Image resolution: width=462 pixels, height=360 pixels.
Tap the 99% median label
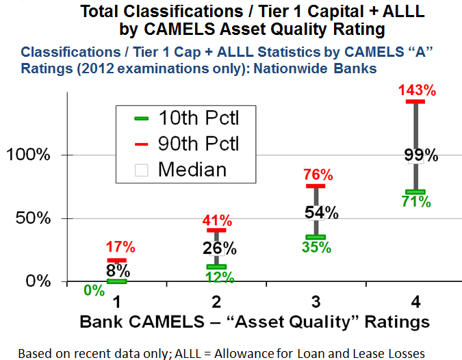click(x=415, y=154)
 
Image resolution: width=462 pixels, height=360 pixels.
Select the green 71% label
click(x=415, y=201)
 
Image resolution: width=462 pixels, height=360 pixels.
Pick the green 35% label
click(x=316, y=247)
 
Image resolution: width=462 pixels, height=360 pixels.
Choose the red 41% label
click(x=216, y=221)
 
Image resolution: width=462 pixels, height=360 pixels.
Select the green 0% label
click(x=94, y=290)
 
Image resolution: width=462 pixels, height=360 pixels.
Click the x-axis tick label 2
click(x=216, y=301)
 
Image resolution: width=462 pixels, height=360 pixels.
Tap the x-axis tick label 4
click(x=415, y=301)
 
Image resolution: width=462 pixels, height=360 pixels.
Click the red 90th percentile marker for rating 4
click(x=415, y=102)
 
